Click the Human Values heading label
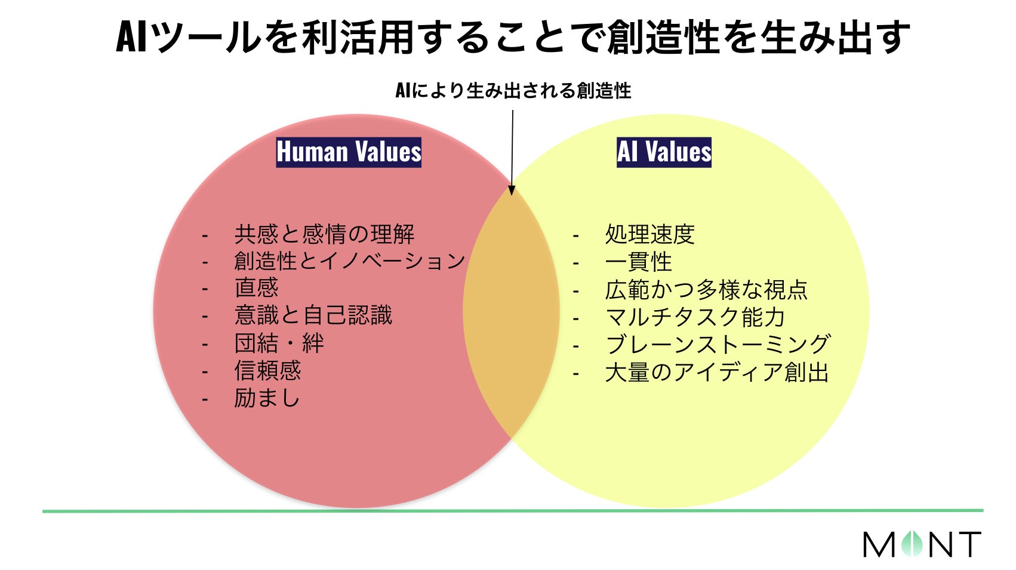click(x=349, y=152)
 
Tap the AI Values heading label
click(x=664, y=152)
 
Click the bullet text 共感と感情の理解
click(x=324, y=234)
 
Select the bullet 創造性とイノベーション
click(x=349, y=261)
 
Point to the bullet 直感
click(x=256, y=288)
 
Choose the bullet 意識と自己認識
click(x=313, y=315)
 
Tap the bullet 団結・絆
click(x=279, y=344)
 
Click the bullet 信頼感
click(x=267, y=370)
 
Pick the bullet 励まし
click(x=267, y=398)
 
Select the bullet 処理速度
click(x=649, y=234)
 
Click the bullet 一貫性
click(x=638, y=262)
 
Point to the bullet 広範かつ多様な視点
click(x=706, y=290)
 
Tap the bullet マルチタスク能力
click(x=695, y=317)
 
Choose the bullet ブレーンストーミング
click(x=717, y=345)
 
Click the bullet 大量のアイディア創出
click(x=716, y=372)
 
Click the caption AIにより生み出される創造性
click(x=513, y=91)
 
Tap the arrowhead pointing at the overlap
click(x=512, y=190)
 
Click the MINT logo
click(x=922, y=544)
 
